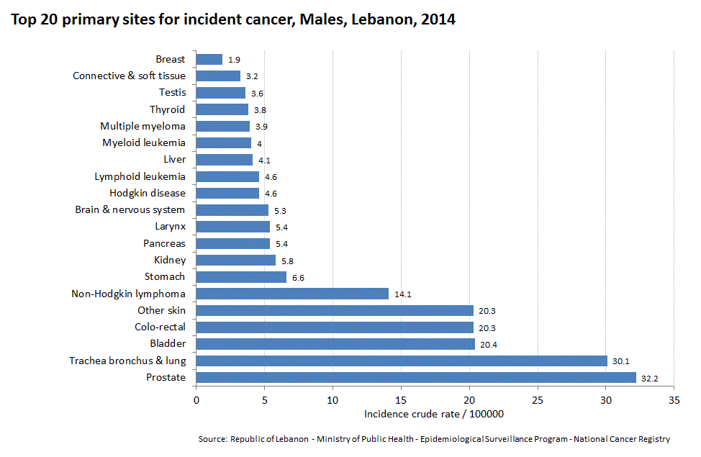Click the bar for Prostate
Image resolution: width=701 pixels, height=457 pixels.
[416, 377]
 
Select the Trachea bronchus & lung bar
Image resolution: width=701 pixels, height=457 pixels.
[402, 361]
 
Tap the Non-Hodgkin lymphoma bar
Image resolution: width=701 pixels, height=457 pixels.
[292, 294]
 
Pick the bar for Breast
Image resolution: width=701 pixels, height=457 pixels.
[209, 60]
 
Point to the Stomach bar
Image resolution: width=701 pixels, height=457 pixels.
[241, 277]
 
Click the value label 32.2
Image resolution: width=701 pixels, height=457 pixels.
[651, 378]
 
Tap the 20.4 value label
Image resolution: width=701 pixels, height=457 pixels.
[489, 345]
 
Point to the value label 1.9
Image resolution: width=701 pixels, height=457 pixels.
[234, 60]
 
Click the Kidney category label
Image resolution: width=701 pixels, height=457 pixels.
[170, 260]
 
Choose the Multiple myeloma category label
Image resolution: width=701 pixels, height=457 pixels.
[143, 126]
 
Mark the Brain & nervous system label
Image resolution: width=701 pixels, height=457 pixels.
[130, 209]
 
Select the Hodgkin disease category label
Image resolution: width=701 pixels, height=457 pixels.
[148, 193]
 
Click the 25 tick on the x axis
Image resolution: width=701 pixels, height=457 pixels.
[538, 399]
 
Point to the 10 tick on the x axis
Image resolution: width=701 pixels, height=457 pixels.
[333, 399]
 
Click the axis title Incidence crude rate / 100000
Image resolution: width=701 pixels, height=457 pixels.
[433, 414]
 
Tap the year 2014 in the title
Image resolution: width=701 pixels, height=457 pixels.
[438, 20]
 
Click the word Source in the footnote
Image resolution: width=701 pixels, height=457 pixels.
[212, 439]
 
